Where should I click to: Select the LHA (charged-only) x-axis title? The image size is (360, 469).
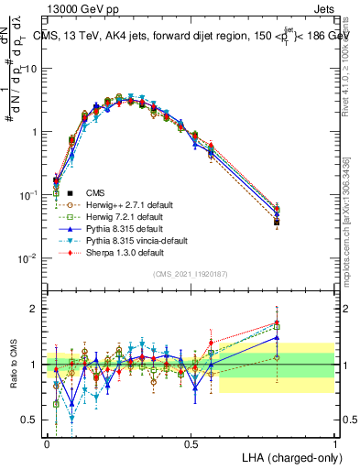click(286, 456)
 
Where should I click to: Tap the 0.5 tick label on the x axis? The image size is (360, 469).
click(191, 442)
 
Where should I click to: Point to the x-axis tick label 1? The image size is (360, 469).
click(335, 442)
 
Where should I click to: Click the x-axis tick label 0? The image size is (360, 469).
click(48, 442)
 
